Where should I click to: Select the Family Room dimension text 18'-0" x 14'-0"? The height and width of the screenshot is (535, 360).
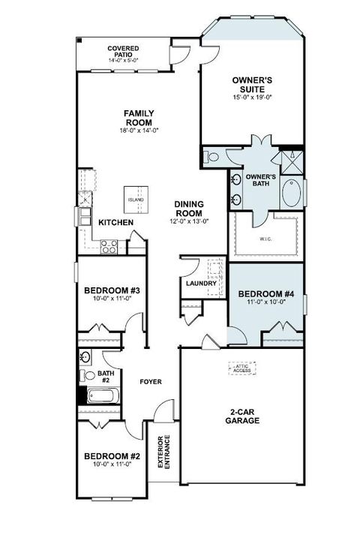point(139,131)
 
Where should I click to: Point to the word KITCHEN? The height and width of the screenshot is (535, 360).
point(116,223)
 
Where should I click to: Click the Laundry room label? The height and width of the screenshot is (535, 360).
point(201,283)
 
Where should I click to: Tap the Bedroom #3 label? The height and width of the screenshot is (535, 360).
point(109,290)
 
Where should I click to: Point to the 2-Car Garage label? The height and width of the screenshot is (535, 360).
point(242,416)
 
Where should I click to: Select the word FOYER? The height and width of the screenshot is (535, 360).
point(151,382)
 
